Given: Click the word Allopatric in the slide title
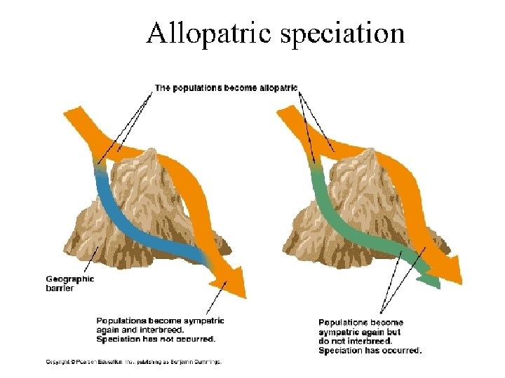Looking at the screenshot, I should [207, 32].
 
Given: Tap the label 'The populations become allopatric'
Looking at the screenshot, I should [226, 88].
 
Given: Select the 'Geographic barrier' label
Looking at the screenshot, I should [69, 282].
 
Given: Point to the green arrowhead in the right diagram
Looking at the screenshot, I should [429, 280].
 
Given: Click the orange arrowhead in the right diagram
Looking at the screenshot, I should [449, 269].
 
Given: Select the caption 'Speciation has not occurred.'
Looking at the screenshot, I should [156, 339].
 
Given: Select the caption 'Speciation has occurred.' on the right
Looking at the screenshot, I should [370, 350].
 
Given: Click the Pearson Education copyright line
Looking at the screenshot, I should [133, 362].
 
